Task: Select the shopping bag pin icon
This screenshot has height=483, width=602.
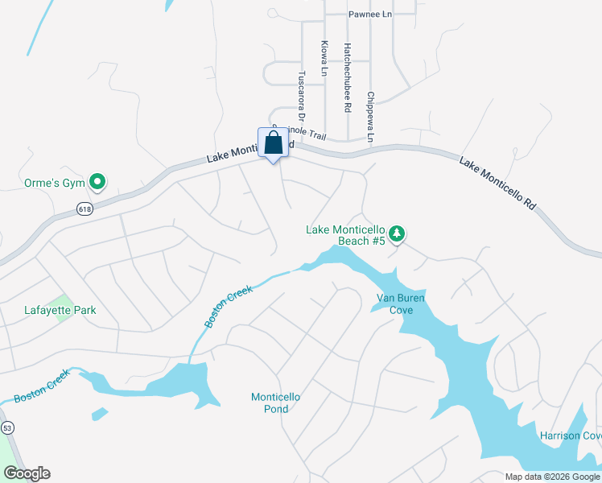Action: [x=274, y=144]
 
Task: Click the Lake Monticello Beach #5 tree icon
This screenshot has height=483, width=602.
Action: [x=396, y=233]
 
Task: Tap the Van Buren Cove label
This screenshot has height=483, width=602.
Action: [x=401, y=303]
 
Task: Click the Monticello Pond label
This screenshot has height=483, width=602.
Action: [x=275, y=402]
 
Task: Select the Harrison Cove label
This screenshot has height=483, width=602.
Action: [x=571, y=436]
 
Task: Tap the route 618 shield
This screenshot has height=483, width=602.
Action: [x=85, y=209]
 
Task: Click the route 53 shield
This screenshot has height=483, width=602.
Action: [x=7, y=427]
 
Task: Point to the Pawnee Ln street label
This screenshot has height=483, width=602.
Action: [x=369, y=14]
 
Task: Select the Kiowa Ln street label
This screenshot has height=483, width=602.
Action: [x=324, y=59]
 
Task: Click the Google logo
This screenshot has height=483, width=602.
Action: [x=26, y=473]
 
